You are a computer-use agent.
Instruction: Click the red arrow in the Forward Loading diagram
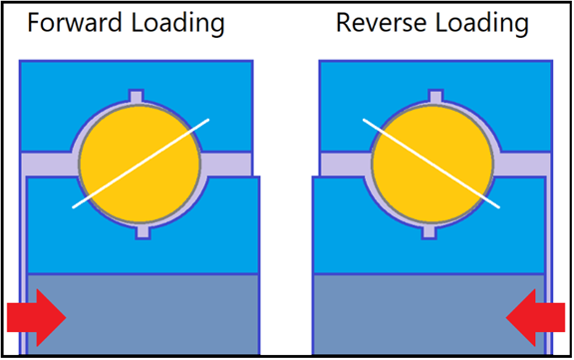coord(36,316)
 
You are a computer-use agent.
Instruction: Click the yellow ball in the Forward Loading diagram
coord(139,165)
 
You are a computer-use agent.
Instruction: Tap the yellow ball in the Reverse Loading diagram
coord(430,165)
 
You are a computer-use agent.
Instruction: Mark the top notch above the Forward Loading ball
coord(139,97)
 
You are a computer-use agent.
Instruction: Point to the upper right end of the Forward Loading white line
coord(208,121)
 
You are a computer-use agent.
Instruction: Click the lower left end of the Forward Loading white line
coord(75,207)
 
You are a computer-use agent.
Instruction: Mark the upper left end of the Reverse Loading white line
coord(363,121)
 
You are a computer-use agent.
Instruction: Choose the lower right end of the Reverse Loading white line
coord(498,206)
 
